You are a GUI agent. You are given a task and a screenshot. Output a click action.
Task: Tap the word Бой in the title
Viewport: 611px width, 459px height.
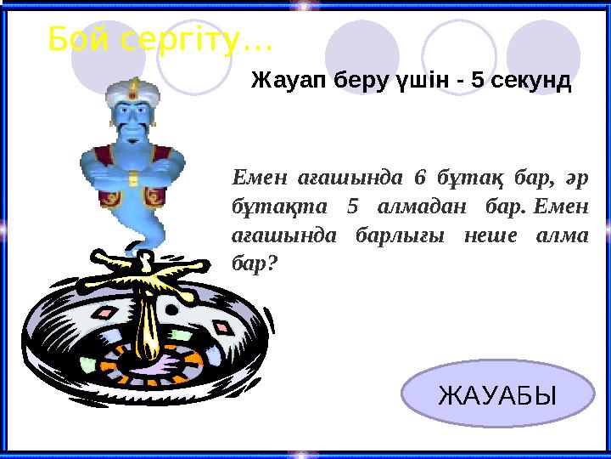coord(78,38)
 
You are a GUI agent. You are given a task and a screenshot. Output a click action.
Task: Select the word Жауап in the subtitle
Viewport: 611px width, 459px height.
coord(285,82)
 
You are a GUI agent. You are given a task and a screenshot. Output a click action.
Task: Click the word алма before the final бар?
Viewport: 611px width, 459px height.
coord(563,235)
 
